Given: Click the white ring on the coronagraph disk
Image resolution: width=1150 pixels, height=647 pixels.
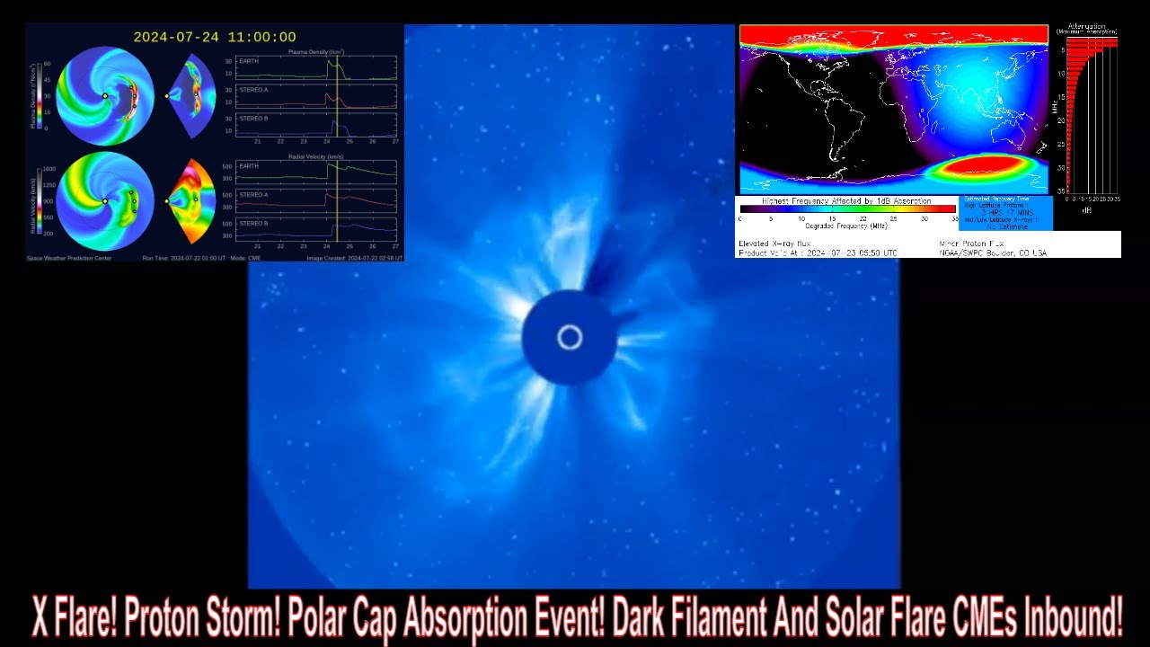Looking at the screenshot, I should tap(570, 338).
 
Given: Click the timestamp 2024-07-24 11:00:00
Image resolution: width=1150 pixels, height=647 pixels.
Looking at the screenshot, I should tap(215, 37).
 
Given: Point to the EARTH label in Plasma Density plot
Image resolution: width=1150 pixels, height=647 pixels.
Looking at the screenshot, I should tap(249, 60).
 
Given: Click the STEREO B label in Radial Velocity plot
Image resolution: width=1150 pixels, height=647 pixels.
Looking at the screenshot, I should tap(253, 223).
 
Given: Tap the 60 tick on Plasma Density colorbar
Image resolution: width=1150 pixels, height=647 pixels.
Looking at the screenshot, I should tap(47, 64).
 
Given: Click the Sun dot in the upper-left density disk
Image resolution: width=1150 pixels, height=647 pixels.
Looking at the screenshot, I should tap(105, 95).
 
